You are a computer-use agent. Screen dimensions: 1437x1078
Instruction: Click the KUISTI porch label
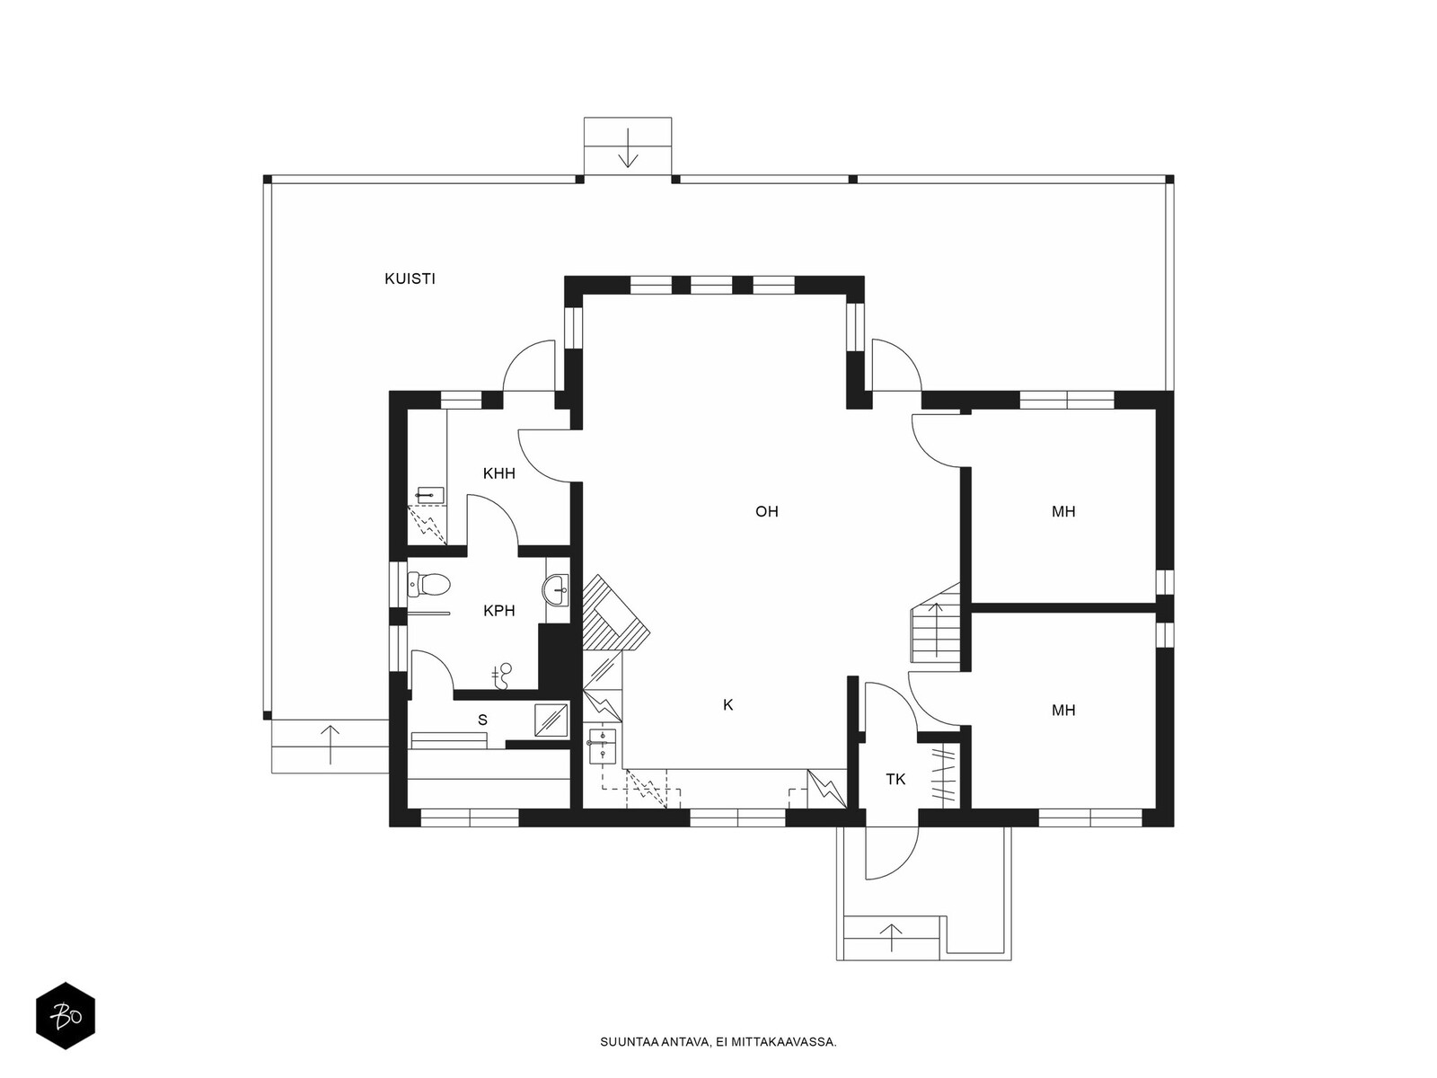410,278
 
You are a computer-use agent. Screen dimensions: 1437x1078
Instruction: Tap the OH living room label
767,511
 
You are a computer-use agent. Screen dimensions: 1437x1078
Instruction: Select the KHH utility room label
498,473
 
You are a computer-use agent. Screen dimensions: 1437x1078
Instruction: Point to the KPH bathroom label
498,611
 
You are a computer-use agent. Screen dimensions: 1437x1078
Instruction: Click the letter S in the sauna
482,720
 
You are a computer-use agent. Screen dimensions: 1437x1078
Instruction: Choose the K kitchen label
728,705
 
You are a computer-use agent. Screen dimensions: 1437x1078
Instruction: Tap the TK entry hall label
895,780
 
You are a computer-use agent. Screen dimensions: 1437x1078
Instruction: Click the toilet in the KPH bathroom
428,584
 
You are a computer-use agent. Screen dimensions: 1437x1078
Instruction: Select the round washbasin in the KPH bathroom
557,590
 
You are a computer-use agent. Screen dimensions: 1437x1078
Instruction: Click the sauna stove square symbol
551,720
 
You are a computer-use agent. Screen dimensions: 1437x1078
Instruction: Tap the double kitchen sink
602,747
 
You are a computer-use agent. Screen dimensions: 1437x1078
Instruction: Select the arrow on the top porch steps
628,148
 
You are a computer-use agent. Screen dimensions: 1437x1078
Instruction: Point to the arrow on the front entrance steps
891,937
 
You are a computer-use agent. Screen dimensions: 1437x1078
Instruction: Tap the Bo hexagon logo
66,1016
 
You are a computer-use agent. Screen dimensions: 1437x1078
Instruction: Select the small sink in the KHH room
431,496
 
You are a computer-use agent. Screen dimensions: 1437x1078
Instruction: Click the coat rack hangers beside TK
944,778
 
